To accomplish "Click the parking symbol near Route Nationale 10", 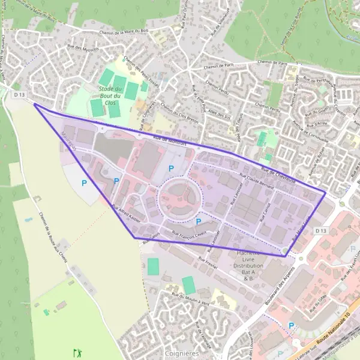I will (292, 326).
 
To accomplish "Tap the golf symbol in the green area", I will (76, 352).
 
